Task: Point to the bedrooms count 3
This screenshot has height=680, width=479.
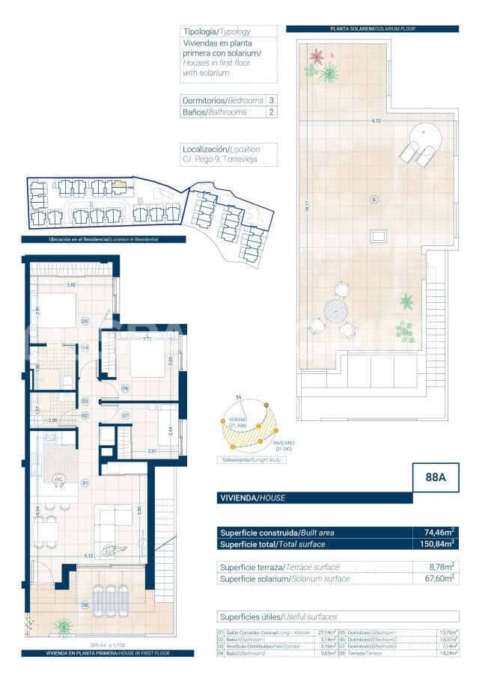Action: coord(271,100)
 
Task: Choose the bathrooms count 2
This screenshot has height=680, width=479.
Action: coord(271,112)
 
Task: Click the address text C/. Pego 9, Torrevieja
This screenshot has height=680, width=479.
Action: coord(214,159)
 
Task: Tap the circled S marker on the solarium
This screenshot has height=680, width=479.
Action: coord(374,199)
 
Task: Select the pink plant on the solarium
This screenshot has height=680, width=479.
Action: coord(317,56)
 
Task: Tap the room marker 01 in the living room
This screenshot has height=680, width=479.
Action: coord(85,483)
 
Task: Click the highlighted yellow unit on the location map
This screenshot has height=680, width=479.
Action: coord(120,186)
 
